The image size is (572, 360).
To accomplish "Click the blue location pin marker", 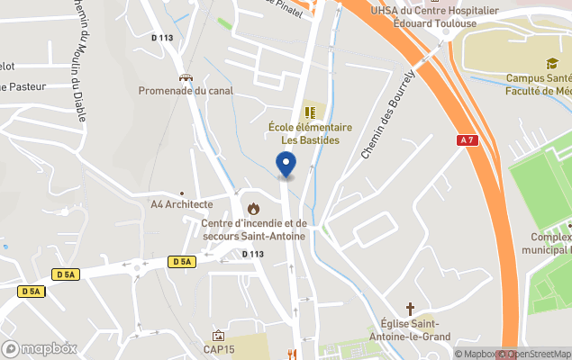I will pos(286,164).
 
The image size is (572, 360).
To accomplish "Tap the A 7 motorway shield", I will pos(466,140).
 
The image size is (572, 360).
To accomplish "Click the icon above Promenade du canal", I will pos(186,77).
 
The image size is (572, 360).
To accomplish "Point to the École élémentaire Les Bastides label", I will pos(310,134).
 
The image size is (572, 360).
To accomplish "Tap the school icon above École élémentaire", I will pos(310,112).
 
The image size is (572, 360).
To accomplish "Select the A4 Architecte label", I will pos(181,204).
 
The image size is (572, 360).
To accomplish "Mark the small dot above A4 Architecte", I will pos(181,193).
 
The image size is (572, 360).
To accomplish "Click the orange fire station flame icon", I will pos(253,209).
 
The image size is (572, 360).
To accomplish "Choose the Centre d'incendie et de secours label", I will pos(253,229).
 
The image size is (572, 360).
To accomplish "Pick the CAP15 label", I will pos(218,349).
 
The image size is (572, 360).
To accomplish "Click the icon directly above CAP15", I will pos(218,336).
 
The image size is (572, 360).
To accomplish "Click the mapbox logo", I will pos(40,348).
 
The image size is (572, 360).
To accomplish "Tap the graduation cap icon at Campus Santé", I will pos(550,63).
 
